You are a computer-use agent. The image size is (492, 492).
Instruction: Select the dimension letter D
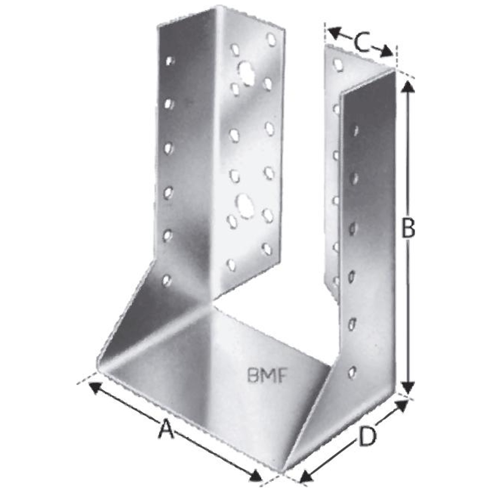[367, 436]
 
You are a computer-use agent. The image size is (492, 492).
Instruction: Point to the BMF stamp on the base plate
[267, 375]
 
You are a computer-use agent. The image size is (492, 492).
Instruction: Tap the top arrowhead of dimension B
[408, 86]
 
